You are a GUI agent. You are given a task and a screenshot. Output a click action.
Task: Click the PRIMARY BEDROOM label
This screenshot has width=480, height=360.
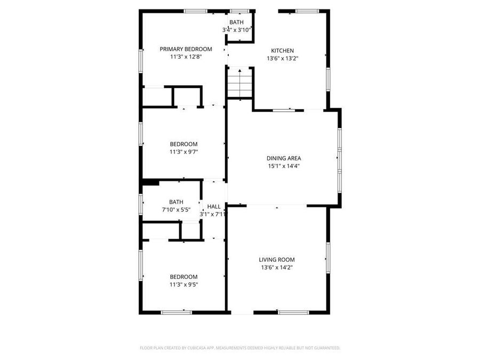click(182, 49)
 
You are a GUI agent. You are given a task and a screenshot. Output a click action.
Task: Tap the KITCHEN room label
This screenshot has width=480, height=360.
click(282, 51)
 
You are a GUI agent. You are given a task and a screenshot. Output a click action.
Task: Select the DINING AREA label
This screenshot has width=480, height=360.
click(284, 158)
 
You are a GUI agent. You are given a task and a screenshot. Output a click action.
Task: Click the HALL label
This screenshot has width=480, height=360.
click(214, 206)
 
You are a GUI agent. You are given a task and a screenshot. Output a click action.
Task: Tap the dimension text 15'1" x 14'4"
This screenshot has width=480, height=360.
click(284, 165)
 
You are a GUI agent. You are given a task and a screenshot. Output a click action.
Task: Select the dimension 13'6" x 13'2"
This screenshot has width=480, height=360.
click(282, 58)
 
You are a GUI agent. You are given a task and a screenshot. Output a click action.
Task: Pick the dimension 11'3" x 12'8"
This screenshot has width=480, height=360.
click(182, 56)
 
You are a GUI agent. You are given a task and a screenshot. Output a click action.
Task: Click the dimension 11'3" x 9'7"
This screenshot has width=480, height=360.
click(183, 151)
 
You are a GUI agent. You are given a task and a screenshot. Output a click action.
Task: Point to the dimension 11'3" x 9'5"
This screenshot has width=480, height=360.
click(183, 284)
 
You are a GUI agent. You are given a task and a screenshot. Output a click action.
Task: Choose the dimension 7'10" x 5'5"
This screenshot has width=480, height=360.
click(176, 209)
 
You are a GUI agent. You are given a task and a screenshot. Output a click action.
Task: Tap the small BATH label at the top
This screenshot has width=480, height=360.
click(236, 22)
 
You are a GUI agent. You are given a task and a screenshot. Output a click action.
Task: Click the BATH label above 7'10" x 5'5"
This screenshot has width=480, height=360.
click(176, 202)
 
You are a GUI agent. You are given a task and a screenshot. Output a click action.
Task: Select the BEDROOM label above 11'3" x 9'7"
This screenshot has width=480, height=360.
click(183, 144)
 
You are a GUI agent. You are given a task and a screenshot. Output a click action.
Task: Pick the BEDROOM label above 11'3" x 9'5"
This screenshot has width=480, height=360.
click(183, 277)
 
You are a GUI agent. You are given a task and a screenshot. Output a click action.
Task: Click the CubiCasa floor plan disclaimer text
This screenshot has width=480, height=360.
click(240, 348)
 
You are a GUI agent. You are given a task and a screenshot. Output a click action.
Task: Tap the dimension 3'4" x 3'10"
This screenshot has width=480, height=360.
click(236, 30)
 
